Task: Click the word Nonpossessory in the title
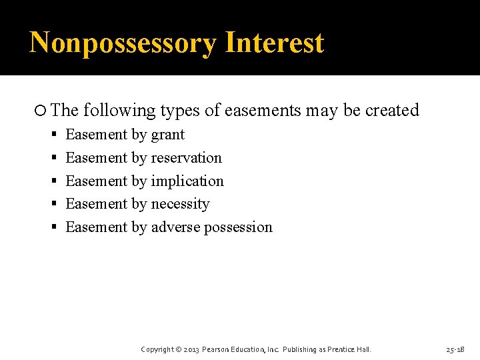click(x=123, y=43)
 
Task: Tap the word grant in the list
click(x=167, y=135)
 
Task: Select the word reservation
click(x=186, y=158)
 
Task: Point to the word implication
click(x=187, y=181)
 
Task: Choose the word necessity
click(x=180, y=204)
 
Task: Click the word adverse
click(x=175, y=227)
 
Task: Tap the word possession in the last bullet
click(x=238, y=227)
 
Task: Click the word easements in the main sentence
click(x=263, y=111)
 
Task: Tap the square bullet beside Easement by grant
click(x=55, y=135)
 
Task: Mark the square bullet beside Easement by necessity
click(x=55, y=205)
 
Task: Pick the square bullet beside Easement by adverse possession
click(x=55, y=228)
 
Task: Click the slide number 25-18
click(x=455, y=349)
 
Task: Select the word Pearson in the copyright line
click(x=217, y=349)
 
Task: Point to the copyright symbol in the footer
click(x=178, y=349)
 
